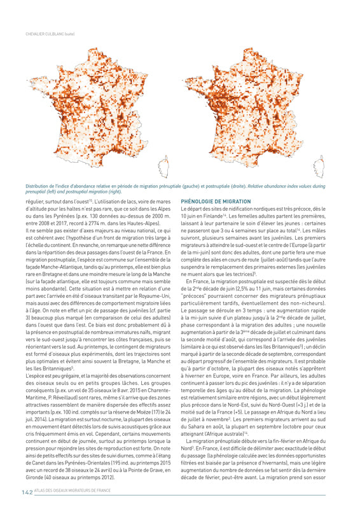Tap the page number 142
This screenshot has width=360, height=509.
[27, 492]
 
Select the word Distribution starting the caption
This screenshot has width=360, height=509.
[38, 186]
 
